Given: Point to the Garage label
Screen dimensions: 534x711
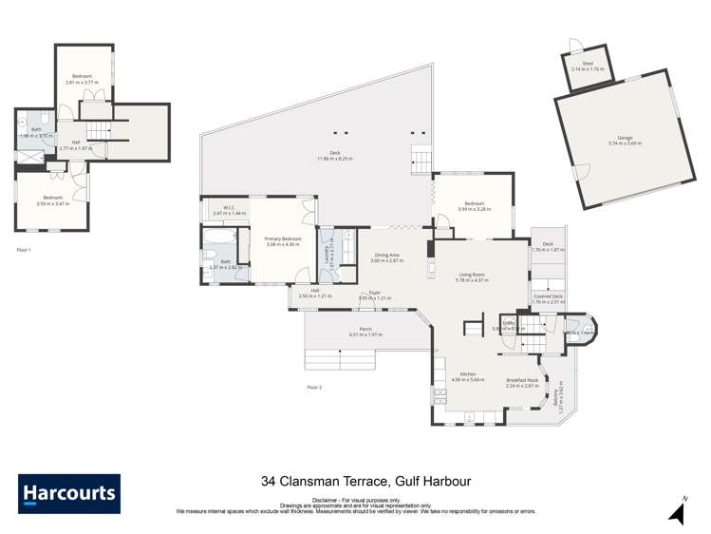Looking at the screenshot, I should click(624, 140).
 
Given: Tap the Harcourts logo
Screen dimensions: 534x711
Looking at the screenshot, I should click(69, 493).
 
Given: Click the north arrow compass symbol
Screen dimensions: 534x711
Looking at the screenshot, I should click(677, 511).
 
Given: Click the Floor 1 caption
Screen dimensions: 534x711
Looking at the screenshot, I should click(25, 249).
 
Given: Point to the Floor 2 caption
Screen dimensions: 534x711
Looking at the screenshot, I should click(314, 387).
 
